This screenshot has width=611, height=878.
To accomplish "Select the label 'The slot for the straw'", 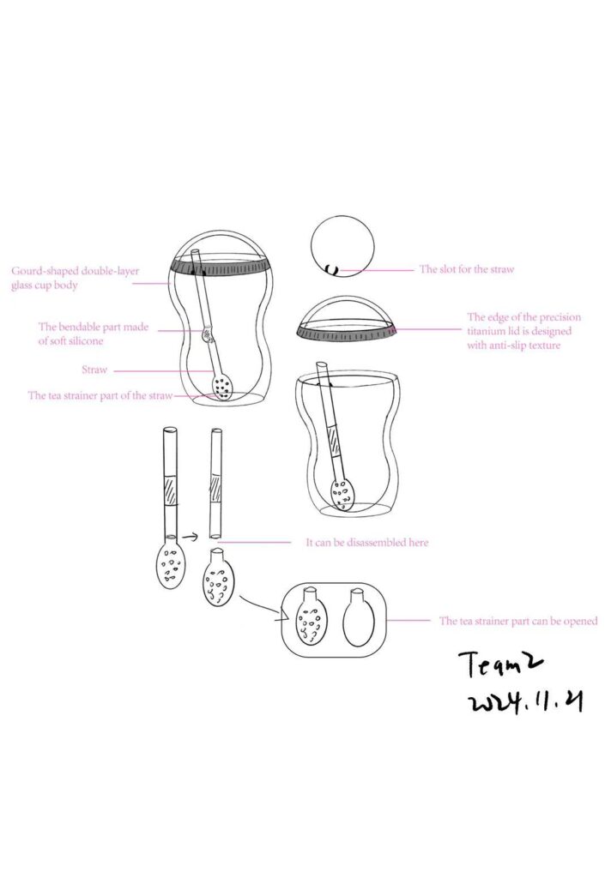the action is (466, 269).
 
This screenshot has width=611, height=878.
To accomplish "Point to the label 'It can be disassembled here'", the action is (367, 543).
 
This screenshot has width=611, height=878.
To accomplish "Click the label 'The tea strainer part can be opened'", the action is (518, 621).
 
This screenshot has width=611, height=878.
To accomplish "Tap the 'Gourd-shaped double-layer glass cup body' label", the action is (76, 278).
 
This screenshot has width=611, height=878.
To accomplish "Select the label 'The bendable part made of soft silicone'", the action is (94, 334).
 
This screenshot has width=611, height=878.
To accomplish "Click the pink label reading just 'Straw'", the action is (94, 370).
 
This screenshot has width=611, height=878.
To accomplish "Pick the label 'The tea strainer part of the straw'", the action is (100, 396).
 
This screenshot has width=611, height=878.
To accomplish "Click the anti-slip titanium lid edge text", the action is (524, 331).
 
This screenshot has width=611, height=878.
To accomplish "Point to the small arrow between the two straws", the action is (191, 538).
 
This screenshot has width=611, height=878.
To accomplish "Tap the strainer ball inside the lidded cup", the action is (222, 387).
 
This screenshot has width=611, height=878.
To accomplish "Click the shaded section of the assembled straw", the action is (170, 491).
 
